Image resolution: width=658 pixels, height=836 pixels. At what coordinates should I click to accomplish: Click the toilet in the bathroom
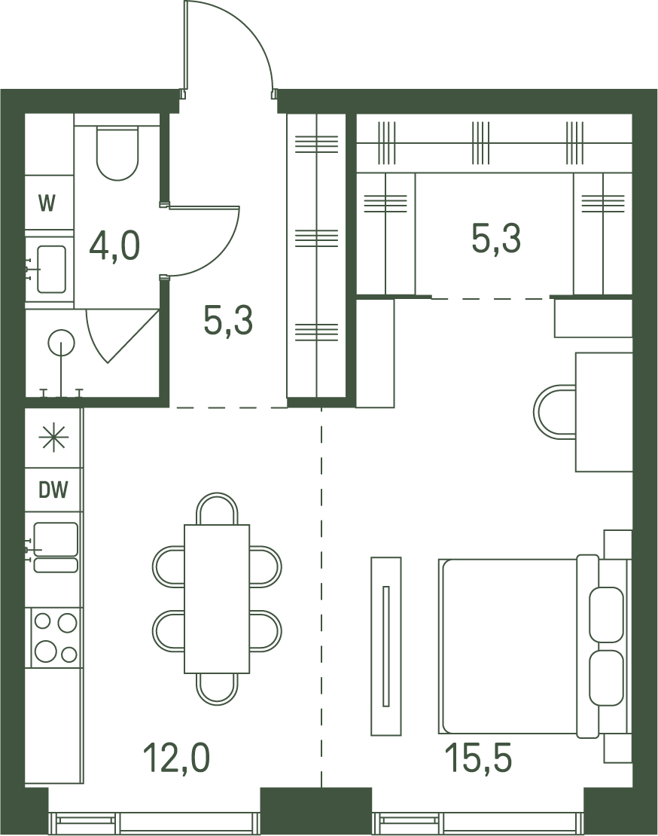pyautogui.click(x=117, y=153)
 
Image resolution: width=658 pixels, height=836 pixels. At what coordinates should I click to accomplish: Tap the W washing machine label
pyautogui.click(x=47, y=203)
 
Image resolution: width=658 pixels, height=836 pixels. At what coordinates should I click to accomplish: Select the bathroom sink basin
pyautogui.click(x=51, y=269)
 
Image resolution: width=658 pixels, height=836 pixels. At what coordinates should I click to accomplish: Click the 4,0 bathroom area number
pyautogui.click(x=114, y=246)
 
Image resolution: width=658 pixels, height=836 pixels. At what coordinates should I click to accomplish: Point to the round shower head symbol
pyautogui.click(x=61, y=343)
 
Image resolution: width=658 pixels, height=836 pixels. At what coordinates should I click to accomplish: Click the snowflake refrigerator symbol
pyautogui.click(x=53, y=438)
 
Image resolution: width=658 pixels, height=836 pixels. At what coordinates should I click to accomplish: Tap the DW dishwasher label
pyautogui.click(x=53, y=490)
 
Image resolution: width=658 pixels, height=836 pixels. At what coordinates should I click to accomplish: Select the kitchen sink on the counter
pyautogui.click(x=56, y=548)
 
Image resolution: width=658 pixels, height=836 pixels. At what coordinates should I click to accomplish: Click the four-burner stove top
pyautogui.click(x=56, y=638)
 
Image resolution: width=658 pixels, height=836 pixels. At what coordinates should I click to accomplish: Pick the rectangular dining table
pyautogui.click(x=217, y=599)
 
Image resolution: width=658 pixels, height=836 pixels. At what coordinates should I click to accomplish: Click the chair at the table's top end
pyautogui.click(x=217, y=509)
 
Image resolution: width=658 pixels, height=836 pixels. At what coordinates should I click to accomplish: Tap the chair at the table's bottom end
pyautogui.click(x=217, y=689)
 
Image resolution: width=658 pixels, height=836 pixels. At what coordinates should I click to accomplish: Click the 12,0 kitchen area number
pyautogui.click(x=177, y=758)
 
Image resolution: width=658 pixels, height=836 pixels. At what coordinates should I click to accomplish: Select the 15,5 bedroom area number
pyautogui.click(x=478, y=758)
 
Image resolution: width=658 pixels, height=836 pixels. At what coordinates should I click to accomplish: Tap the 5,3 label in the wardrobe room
pyautogui.click(x=496, y=238)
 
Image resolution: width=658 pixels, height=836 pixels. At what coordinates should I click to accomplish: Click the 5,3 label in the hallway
pyautogui.click(x=228, y=321)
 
